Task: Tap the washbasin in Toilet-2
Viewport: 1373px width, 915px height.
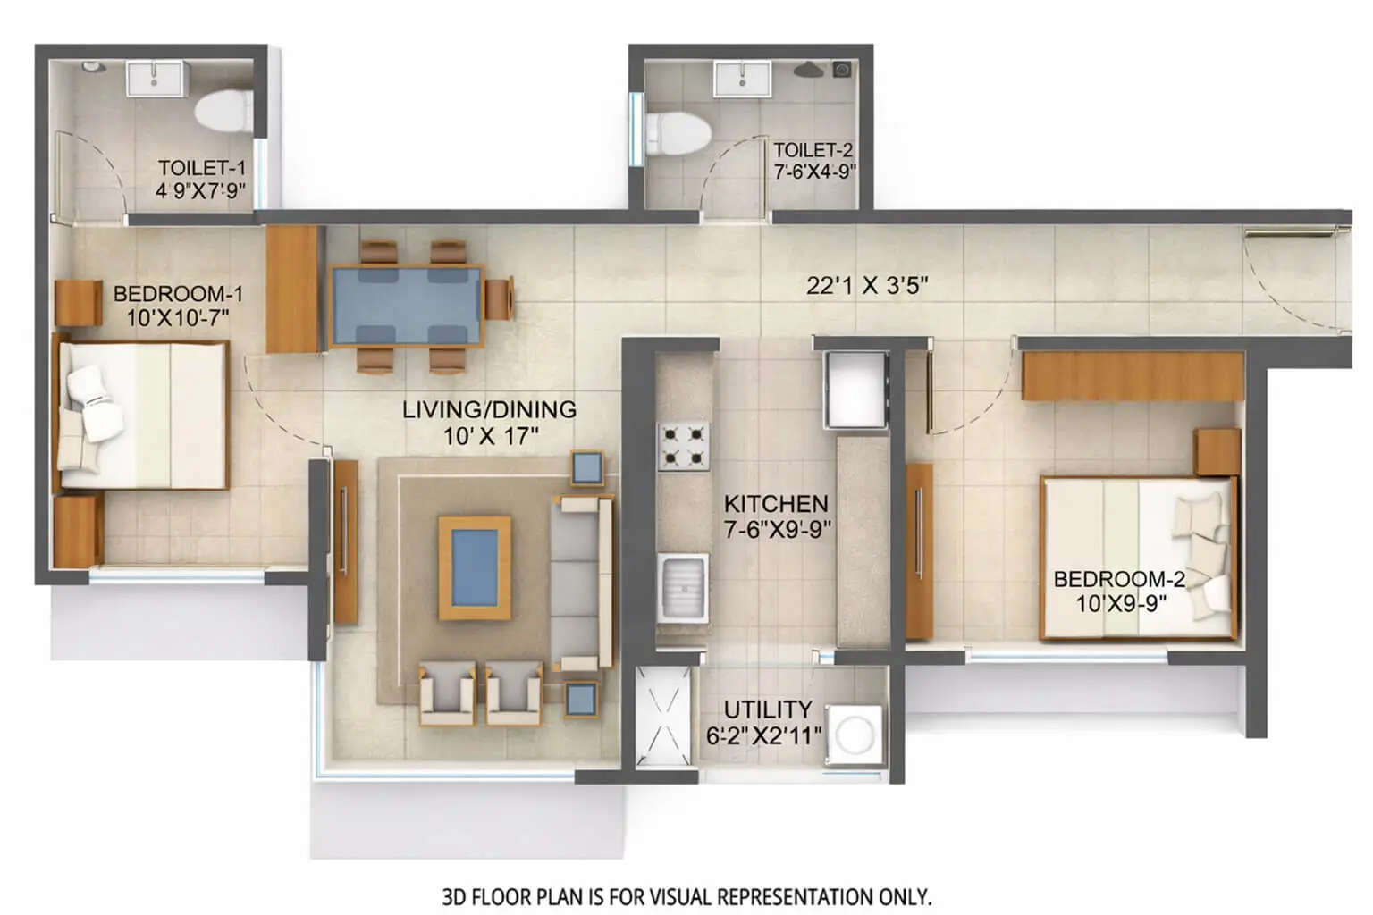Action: [x=742, y=78]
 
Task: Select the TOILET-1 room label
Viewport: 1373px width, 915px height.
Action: [x=201, y=168]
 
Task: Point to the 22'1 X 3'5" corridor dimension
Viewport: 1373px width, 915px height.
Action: [x=867, y=286]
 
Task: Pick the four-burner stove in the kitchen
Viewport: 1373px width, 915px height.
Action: [x=684, y=447]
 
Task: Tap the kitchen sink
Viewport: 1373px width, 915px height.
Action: [x=684, y=588]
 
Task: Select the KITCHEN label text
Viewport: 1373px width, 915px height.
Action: [x=776, y=504]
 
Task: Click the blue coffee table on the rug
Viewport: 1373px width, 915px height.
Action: [x=474, y=567]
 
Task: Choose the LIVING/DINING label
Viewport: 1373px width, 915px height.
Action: [x=489, y=410]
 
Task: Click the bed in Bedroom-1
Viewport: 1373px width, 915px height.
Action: [x=143, y=415]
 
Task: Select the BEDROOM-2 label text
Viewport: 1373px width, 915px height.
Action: [x=1119, y=579]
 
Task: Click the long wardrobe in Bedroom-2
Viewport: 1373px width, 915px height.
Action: [x=1133, y=376]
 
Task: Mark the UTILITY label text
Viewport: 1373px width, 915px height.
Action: [x=768, y=709]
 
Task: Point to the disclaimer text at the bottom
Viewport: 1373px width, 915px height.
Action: [x=686, y=894]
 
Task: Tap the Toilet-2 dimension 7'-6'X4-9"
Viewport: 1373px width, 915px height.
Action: [x=814, y=172]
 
